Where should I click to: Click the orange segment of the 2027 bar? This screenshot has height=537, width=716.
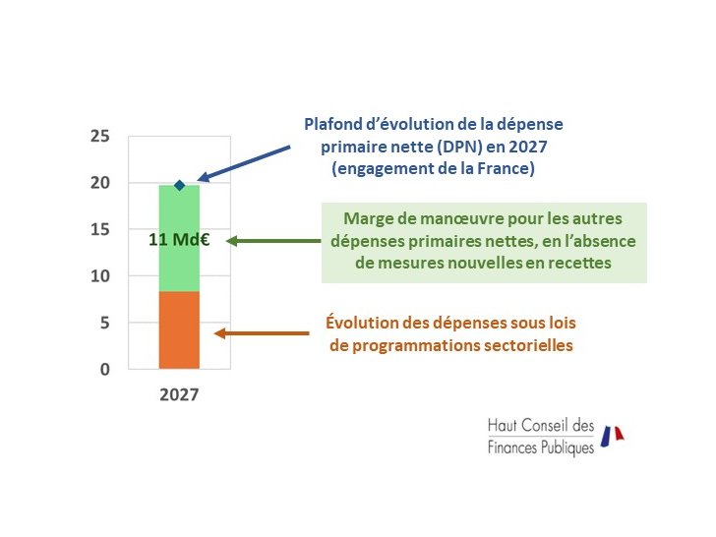click(x=179, y=330)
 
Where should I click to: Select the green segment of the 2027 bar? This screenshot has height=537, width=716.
click(x=179, y=266)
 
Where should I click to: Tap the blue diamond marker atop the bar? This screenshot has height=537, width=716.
click(x=179, y=185)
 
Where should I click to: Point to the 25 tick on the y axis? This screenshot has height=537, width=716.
click(x=99, y=136)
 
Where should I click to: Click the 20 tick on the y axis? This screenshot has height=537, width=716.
click(x=99, y=183)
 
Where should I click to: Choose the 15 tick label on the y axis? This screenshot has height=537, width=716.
click(x=99, y=229)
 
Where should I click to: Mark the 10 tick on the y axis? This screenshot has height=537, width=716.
click(x=99, y=276)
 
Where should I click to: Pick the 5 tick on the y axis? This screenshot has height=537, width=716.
click(x=104, y=323)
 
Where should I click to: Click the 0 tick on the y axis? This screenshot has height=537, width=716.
click(x=104, y=370)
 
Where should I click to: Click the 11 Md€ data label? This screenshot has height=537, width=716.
click(x=179, y=239)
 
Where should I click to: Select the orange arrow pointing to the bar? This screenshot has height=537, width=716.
click(x=261, y=333)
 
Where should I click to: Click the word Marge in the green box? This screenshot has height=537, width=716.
click(x=365, y=219)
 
